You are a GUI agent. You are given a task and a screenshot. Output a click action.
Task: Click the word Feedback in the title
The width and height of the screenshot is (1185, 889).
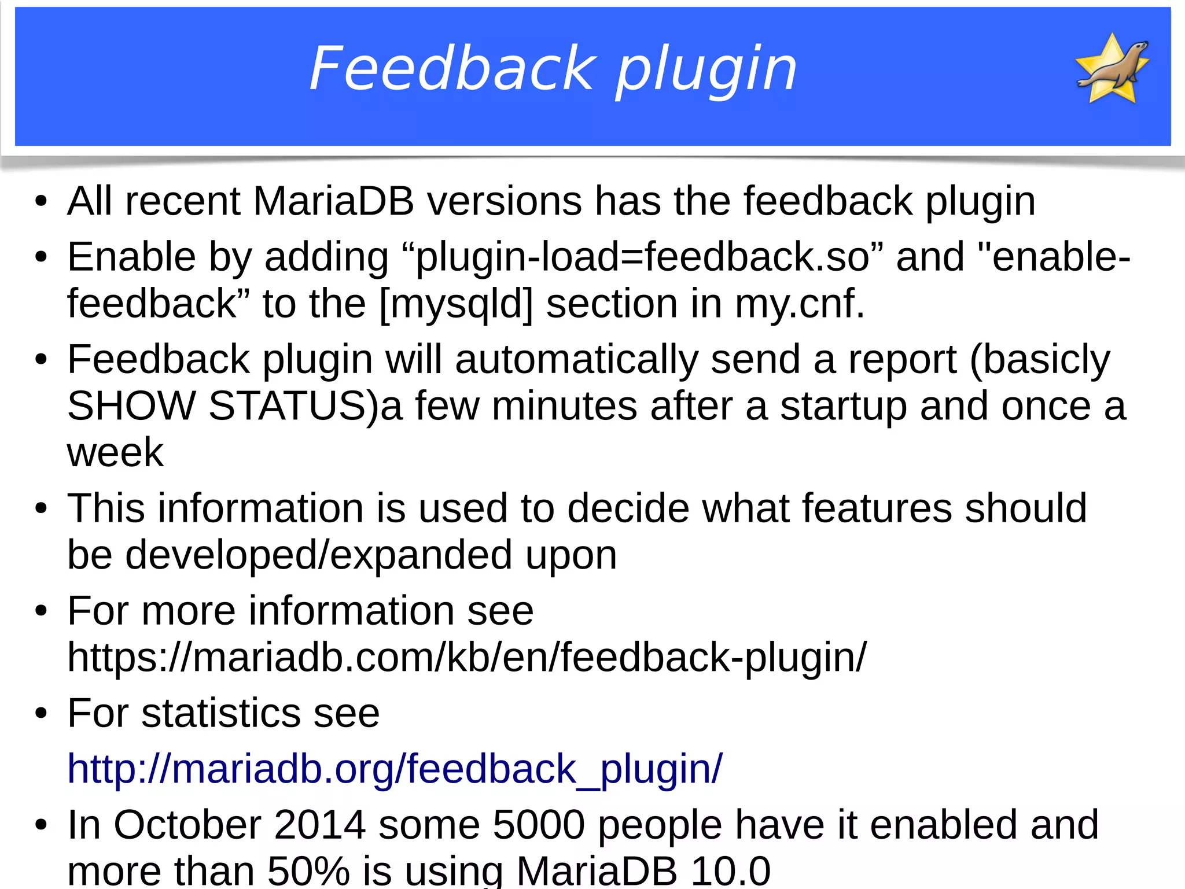click(452, 69)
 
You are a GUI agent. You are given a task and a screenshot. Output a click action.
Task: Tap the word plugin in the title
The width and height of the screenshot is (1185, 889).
click(706, 71)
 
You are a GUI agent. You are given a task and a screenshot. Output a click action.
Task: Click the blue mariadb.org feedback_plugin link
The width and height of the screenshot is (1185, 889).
click(395, 769)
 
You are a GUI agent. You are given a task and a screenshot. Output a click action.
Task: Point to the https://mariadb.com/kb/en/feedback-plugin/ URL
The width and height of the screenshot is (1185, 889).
click(466, 658)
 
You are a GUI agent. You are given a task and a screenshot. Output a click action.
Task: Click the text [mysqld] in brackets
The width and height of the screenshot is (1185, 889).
click(456, 304)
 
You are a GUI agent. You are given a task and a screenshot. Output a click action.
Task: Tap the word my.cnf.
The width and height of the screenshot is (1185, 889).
click(799, 304)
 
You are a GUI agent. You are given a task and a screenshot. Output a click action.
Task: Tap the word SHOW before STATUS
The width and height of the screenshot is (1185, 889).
click(131, 406)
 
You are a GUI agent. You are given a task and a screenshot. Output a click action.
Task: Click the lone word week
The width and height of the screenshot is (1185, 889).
click(115, 452)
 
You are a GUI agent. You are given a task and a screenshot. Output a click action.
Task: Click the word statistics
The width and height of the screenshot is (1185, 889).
click(220, 713)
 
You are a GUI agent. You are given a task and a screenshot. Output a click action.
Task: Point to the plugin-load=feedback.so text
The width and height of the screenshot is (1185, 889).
click(642, 257)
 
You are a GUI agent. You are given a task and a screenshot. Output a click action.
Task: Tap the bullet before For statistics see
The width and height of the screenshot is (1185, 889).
click(41, 714)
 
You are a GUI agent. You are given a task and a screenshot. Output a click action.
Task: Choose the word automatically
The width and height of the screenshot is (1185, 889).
click(576, 360)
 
